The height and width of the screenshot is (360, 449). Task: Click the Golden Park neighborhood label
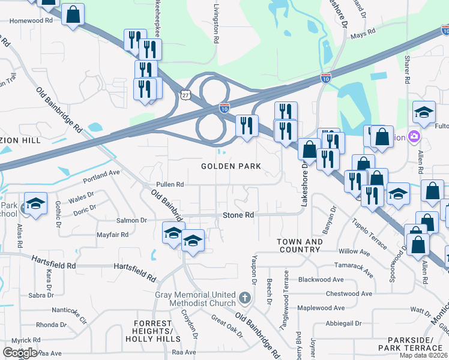(x=231, y=166)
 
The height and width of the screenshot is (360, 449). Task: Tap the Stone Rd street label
(x=238, y=215)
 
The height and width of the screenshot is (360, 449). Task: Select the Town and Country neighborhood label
(x=300, y=245)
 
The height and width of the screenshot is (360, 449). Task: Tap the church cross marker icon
(x=244, y=298)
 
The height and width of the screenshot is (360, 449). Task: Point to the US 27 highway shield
(x=185, y=95)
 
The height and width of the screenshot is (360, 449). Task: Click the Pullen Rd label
(x=169, y=185)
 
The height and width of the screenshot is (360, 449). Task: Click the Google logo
(x=19, y=353)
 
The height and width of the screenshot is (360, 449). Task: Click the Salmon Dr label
(x=131, y=220)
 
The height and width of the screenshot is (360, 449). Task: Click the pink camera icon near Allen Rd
(x=414, y=137)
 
